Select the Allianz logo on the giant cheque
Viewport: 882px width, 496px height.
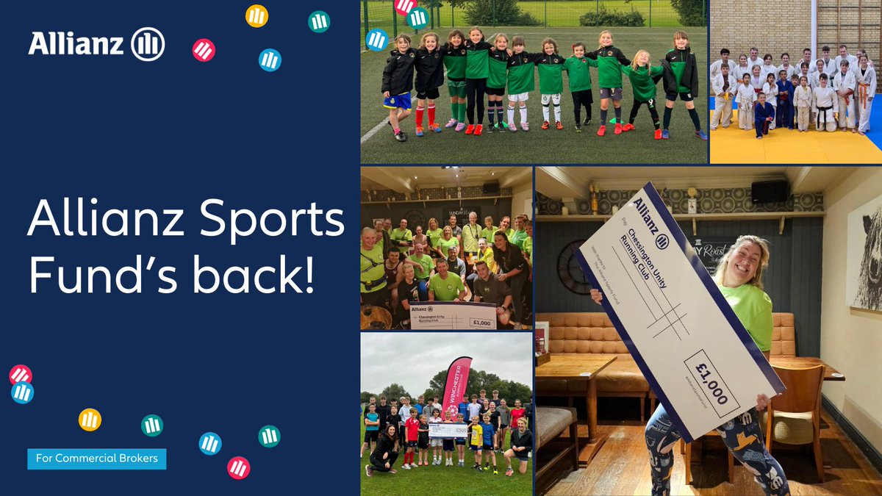click(x=650, y=220)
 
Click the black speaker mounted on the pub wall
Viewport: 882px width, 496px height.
click(x=770, y=192)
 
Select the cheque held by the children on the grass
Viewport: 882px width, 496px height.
click(x=448, y=429)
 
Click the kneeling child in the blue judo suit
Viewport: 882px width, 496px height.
click(x=764, y=114)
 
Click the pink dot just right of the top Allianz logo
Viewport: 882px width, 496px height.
click(x=204, y=50)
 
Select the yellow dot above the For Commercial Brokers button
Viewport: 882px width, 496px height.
click(x=90, y=420)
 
